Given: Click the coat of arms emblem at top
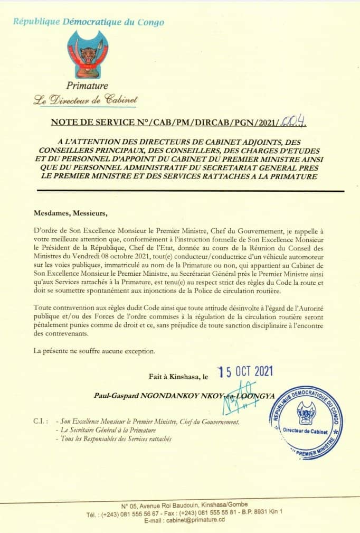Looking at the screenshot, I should [x=88, y=54].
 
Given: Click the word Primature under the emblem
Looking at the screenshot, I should [x=88, y=86].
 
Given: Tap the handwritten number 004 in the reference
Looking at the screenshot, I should [x=296, y=123].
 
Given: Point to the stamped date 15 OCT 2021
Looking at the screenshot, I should [x=245, y=372].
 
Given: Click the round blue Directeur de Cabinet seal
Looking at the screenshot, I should [x=306, y=423].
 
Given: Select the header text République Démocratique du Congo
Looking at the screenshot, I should [x=89, y=22].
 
